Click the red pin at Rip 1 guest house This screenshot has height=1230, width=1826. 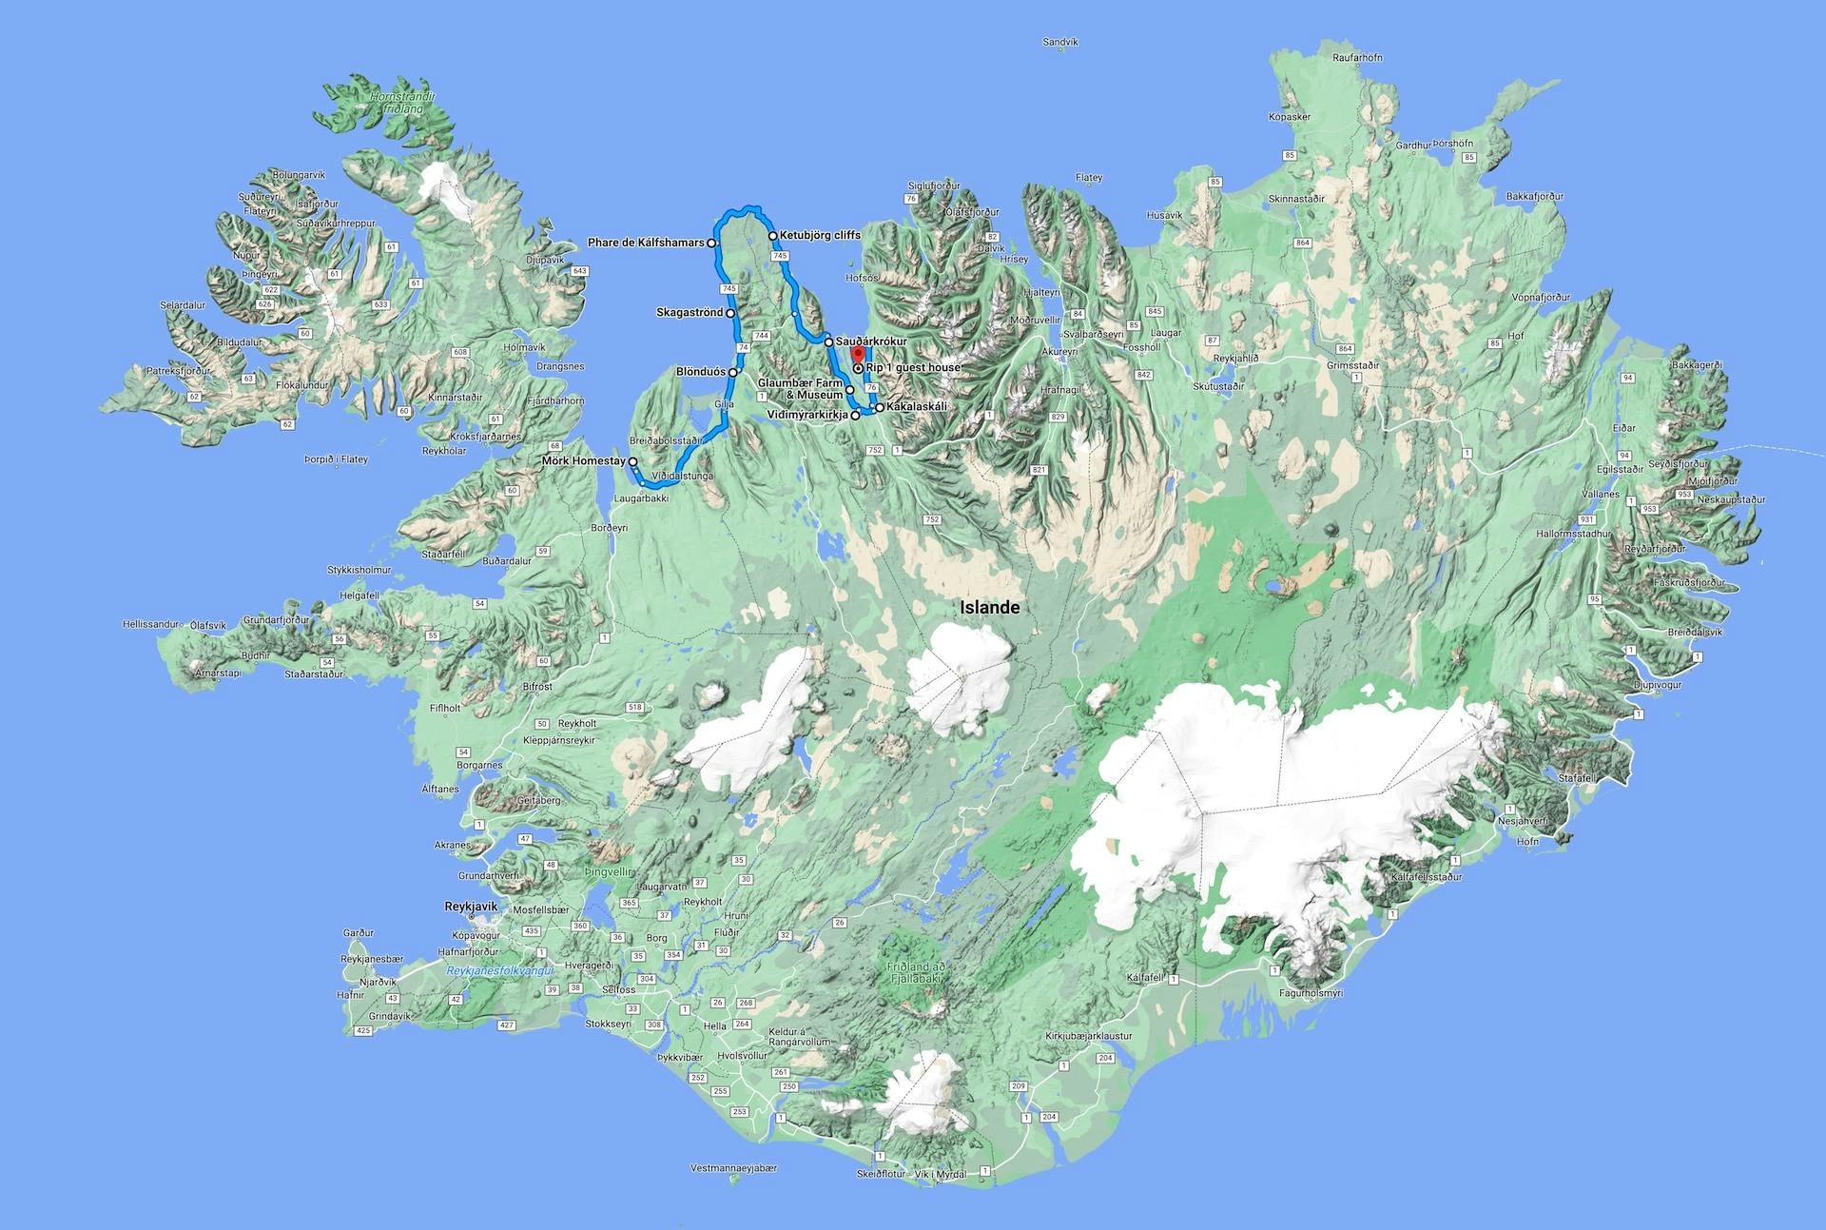[858, 357]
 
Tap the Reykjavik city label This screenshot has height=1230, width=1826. [471, 907]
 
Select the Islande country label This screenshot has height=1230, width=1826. [989, 608]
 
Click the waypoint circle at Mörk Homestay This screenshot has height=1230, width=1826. [632, 461]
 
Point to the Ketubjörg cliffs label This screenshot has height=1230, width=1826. [820, 235]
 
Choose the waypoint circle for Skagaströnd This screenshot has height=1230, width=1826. [730, 313]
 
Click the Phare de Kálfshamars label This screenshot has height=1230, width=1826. [646, 243]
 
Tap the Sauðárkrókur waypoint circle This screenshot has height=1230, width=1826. [829, 342]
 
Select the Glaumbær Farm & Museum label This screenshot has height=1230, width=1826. [800, 388]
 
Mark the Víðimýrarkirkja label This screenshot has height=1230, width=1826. [807, 415]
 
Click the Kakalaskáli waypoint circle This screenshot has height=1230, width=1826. [879, 407]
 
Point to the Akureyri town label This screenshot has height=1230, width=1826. [1059, 351]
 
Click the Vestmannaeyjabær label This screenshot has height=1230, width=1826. [733, 1168]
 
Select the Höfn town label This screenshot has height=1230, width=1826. [1527, 841]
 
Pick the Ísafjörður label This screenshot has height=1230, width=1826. [318, 204]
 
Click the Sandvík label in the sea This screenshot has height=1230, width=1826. [1060, 42]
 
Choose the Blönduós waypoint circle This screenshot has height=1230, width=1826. [733, 372]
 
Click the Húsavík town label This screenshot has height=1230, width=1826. [1164, 216]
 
